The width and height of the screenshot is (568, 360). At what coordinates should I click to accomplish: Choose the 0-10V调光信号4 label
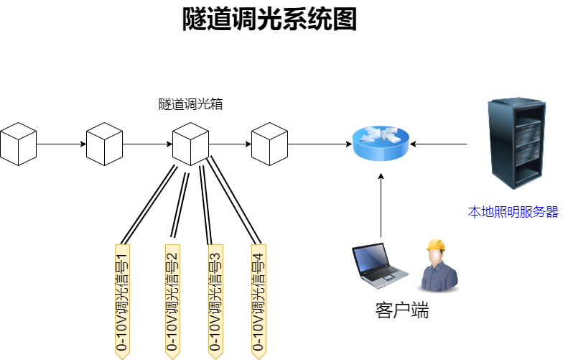pos(259,300)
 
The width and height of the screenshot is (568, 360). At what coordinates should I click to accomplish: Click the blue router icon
pos(381,143)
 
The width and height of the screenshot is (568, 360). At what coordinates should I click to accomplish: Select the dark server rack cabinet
pos(516,144)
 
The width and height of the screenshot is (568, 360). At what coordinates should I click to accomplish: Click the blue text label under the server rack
pos(513,212)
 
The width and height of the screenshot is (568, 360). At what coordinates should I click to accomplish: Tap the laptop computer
pos(378,266)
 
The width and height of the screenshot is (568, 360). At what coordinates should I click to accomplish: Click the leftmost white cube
pos(18,144)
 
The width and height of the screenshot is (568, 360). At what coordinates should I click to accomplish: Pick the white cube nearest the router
pos(269,144)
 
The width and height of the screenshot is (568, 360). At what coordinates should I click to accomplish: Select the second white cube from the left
pos(104,144)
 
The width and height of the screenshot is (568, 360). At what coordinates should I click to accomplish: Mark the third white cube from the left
pos(190,144)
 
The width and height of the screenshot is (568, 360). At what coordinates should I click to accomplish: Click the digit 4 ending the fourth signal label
pos(259,255)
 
